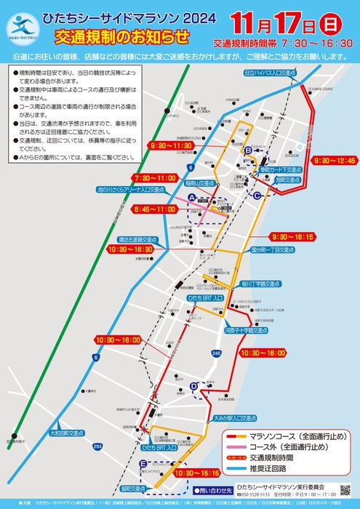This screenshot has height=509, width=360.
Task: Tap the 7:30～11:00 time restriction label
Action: tap(156, 177)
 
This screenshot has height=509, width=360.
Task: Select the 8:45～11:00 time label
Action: tap(156, 209)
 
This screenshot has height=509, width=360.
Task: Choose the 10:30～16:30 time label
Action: tap(130, 249)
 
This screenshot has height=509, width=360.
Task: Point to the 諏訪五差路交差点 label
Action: tap(138, 239)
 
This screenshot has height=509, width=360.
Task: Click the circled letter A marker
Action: tap(192, 198)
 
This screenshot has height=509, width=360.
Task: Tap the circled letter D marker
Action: tap(193, 385)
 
